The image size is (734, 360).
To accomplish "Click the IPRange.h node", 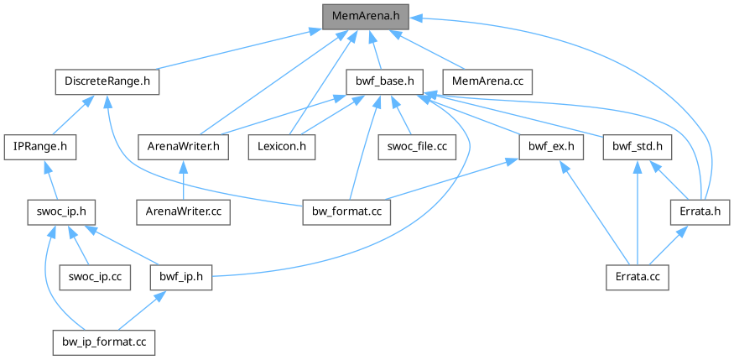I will (x=40, y=146).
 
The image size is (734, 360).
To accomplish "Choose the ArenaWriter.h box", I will (x=184, y=146).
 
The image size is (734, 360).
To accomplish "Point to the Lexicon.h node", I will (x=281, y=146).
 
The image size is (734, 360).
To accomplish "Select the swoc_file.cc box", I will (x=416, y=146).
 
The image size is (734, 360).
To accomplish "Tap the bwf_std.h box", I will (x=638, y=146).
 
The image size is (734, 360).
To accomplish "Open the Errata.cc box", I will (x=638, y=276).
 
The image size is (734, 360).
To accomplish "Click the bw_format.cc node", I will (x=346, y=211).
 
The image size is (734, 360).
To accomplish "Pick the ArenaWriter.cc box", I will (x=184, y=211).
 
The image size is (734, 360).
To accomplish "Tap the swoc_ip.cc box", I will (x=94, y=276).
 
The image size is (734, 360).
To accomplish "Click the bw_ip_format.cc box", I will (x=103, y=342).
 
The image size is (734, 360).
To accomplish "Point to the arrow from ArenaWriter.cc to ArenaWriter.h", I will (x=184, y=179).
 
